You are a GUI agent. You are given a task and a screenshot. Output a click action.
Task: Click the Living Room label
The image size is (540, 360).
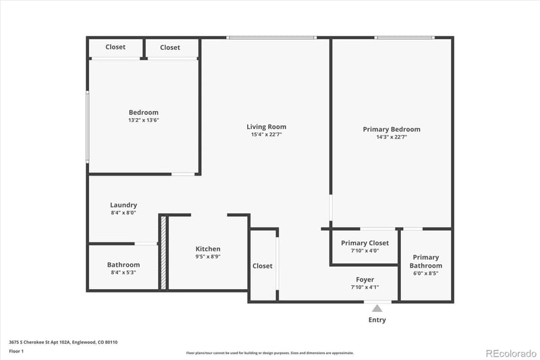click(266, 126)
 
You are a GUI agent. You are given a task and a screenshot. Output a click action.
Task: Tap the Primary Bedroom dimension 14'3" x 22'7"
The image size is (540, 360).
click(391, 136)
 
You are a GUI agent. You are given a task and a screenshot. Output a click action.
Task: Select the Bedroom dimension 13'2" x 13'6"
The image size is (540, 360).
click(143, 120)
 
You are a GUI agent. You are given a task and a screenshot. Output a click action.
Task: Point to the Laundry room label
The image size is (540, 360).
click(124, 205)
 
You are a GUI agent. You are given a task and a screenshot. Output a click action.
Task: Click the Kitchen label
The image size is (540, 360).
click(208, 249)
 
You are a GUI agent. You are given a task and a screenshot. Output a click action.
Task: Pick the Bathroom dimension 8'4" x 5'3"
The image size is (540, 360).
click(124, 272)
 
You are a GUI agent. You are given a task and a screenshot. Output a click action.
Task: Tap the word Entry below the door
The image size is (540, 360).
click(377, 319)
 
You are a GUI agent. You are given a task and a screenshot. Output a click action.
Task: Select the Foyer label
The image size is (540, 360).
click(365, 279)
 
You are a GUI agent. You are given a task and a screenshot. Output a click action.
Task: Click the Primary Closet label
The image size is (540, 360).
click(364, 242)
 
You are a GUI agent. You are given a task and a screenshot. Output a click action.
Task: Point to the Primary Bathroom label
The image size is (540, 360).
click(426, 261)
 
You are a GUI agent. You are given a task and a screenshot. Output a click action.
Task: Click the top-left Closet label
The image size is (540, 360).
click(115, 47)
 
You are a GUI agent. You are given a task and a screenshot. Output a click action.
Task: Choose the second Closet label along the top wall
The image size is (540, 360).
click(170, 47)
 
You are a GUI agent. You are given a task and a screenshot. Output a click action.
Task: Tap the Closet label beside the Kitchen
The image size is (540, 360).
click(263, 265)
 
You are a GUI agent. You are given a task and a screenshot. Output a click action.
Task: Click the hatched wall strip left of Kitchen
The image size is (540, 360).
click(163, 253)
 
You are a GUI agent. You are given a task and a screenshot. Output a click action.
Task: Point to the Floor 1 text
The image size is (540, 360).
click(16, 351)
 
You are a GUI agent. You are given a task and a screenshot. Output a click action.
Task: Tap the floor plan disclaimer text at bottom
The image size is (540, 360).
click(270, 353)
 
